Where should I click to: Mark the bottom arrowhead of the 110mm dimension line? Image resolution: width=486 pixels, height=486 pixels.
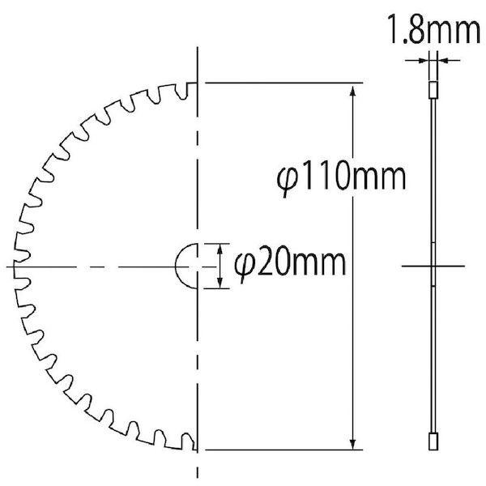click(x=352, y=441)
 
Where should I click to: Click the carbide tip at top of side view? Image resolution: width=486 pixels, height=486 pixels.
click(x=433, y=88)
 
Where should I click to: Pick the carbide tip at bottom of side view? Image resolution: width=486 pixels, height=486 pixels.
click(x=433, y=442)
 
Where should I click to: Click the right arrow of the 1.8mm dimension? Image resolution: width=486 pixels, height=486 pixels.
click(x=441, y=60)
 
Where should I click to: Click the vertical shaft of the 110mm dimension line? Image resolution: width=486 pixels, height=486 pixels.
click(x=352, y=324)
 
